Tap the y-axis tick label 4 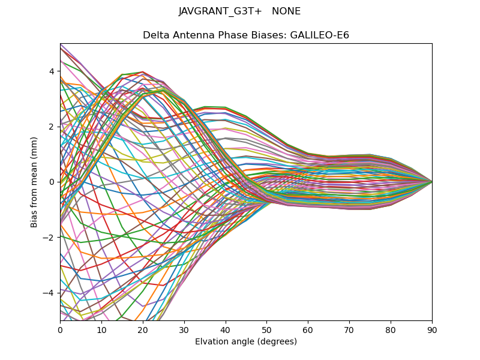pyautogui.click(x=52, y=71)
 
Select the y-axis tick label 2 pyautogui.click(x=52, y=127)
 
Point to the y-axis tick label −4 pyautogui.click(x=49, y=293)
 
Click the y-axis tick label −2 pyautogui.click(x=49, y=237)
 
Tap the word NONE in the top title pyautogui.click(x=286, y=11)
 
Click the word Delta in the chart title pyautogui.click(x=155, y=35)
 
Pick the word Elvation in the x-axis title pyautogui.click(x=212, y=342)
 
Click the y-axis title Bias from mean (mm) pyautogui.click(x=35, y=181)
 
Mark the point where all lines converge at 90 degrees pyautogui.click(x=432, y=182)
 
